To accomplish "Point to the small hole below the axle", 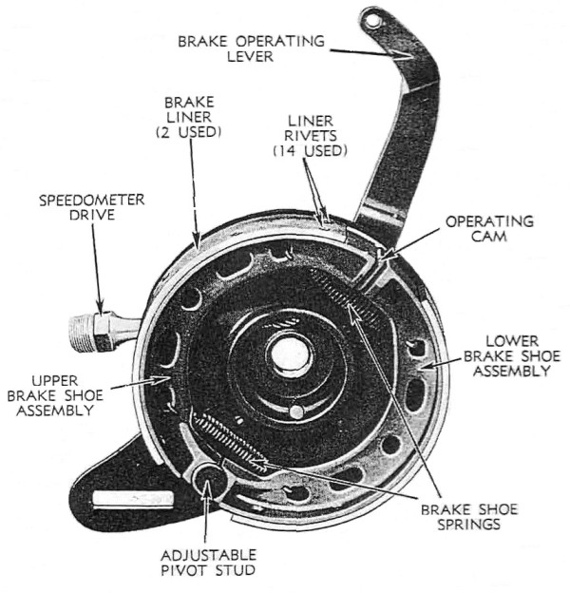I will (294, 412).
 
